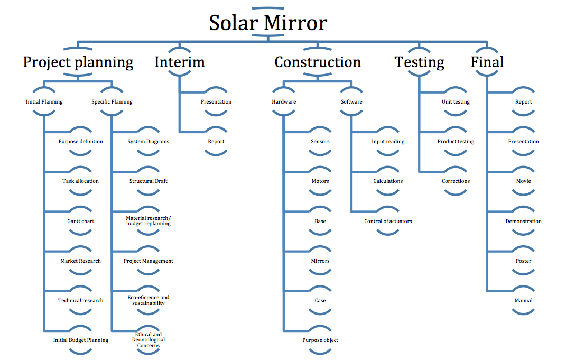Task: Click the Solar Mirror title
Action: click(x=268, y=23)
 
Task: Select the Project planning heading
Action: click(x=78, y=62)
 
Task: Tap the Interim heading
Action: click(x=180, y=62)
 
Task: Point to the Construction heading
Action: click(x=318, y=62)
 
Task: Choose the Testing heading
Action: click(x=419, y=62)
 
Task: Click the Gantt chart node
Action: click(x=81, y=221)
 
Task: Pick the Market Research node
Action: click(x=81, y=261)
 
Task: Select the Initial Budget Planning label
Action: click(x=81, y=340)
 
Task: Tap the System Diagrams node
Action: click(x=149, y=142)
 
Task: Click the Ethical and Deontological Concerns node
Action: click(x=149, y=340)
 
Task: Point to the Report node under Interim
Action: click(x=216, y=142)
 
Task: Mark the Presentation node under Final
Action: click(x=523, y=142)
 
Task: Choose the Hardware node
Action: click(x=284, y=102)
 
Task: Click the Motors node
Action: click(x=320, y=181)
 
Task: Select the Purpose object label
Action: click(x=320, y=340)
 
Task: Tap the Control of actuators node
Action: click(x=388, y=221)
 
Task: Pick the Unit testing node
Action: click(x=456, y=102)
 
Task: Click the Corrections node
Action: click(x=456, y=181)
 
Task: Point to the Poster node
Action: click(x=523, y=261)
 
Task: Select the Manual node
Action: click(x=523, y=300)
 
